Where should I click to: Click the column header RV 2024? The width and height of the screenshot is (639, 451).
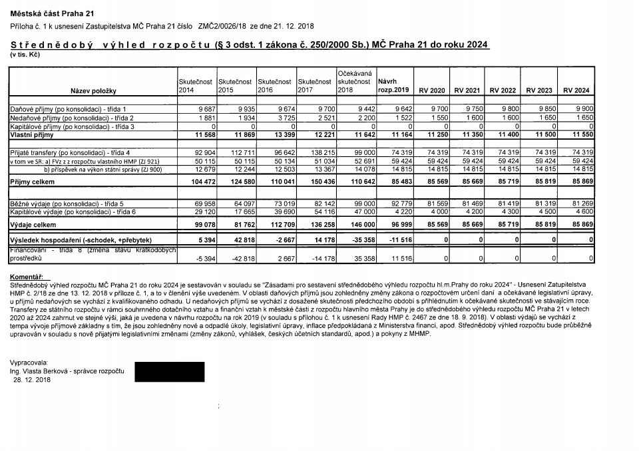[576, 90]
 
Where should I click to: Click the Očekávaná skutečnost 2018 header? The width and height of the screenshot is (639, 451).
[354, 80]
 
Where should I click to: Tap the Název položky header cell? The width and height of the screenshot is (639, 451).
[93, 90]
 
